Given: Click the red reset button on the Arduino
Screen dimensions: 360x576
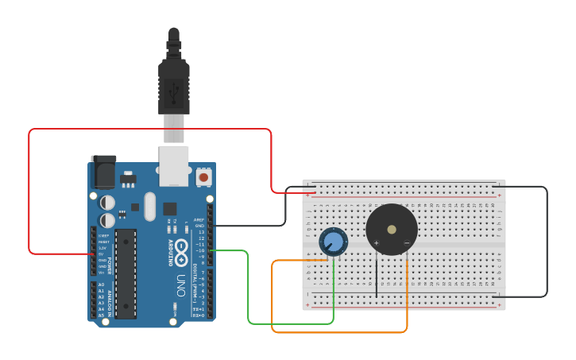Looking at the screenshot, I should (x=204, y=177).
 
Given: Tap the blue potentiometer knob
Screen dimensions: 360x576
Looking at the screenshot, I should (x=334, y=241).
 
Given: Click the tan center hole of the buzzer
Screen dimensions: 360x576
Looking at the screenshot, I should (x=392, y=229).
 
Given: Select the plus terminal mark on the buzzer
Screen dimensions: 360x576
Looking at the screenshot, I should (x=377, y=242).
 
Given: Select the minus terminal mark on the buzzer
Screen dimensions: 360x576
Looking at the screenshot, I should (x=407, y=242).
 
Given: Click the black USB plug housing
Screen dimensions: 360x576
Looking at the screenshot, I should (x=174, y=83).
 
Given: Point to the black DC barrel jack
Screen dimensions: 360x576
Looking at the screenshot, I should (x=102, y=171).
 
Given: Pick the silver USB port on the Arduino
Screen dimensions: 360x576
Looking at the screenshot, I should (x=174, y=165).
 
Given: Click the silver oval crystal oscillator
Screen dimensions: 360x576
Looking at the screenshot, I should (x=150, y=206).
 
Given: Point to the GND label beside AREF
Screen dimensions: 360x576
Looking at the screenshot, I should (x=199, y=226).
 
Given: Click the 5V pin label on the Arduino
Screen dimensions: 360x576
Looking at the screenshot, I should (x=101, y=254).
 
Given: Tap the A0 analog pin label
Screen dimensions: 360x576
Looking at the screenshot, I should (x=101, y=285).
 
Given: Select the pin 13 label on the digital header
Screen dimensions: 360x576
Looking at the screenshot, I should (x=200, y=232).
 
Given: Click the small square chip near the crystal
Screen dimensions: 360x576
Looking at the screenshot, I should (x=169, y=208).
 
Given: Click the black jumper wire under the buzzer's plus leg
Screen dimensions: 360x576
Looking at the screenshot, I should (x=377, y=278).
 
